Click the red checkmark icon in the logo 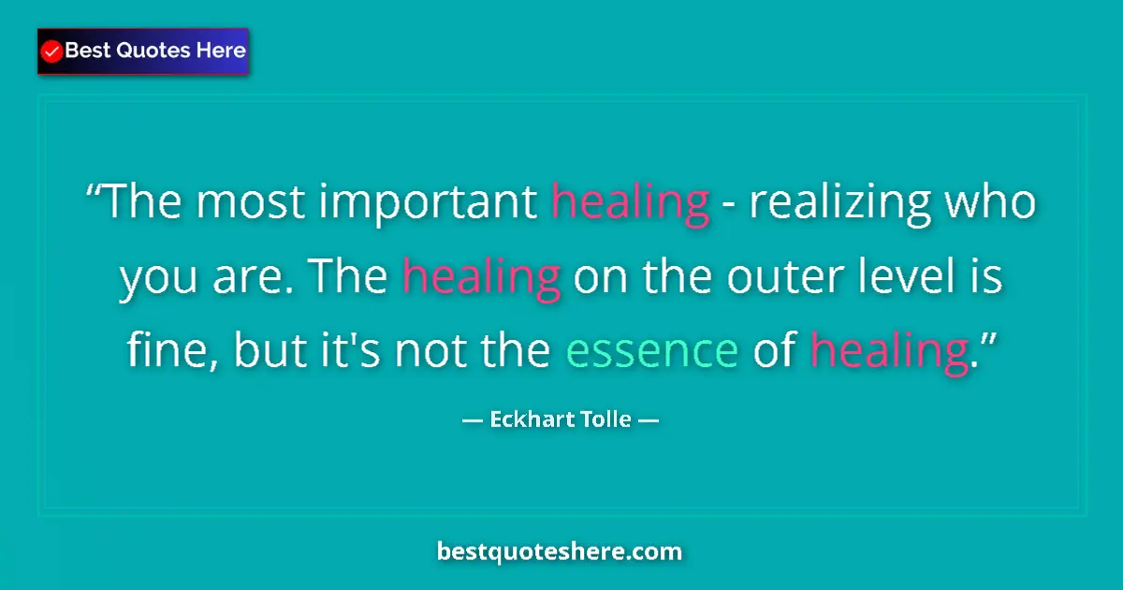[52, 52]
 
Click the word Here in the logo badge [220, 51]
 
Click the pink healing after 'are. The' [481, 278]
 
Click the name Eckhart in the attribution [528, 420]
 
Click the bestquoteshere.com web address [560, 552]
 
